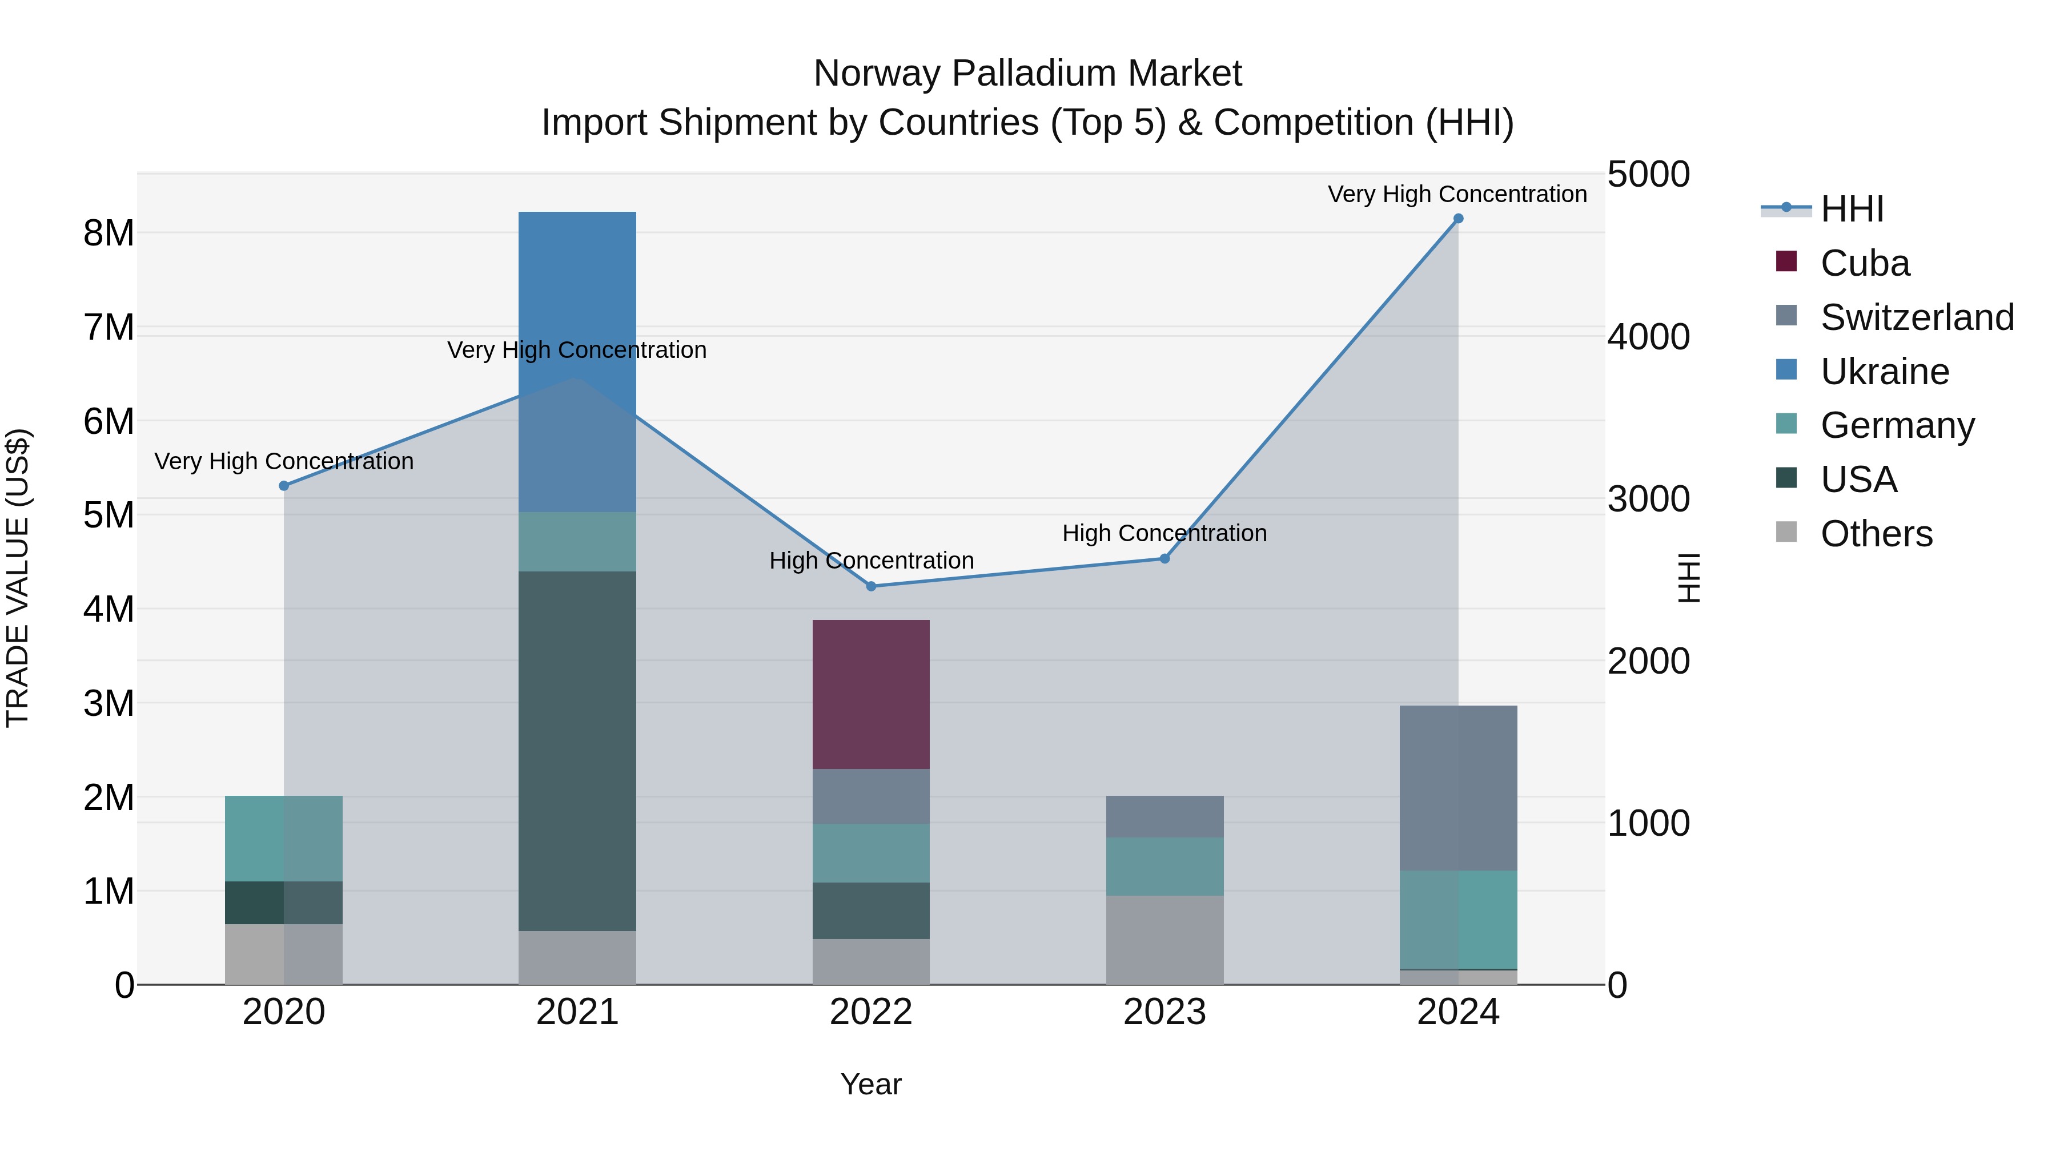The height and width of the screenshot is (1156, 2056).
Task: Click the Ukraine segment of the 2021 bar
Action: click(577, 361)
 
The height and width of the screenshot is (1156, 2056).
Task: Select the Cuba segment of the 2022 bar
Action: click(871, 694)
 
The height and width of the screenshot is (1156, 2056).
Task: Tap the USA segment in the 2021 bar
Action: click(577, 751)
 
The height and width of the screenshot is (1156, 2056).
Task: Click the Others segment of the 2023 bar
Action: click(1164, 940)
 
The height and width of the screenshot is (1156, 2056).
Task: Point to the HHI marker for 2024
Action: click(1458, 219)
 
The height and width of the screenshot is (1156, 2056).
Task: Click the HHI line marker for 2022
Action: click(871, 586)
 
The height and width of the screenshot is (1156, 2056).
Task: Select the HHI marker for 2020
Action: click(284, 486)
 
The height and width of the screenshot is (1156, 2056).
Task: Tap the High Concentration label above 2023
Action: click(1164, 533)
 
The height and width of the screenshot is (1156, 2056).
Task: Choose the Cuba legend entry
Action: click(1865, 263)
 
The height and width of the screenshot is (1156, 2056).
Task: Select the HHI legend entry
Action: click(1852, 209)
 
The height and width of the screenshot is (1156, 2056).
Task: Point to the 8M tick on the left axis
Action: click(109, 233)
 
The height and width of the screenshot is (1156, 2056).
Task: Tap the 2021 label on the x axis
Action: click(577, 1012)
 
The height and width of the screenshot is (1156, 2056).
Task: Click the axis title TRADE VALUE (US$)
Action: click(18, 578)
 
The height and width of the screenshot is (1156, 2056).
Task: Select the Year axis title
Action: click(871, 1084)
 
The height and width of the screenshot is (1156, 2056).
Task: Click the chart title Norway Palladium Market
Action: click(1027, 74)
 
